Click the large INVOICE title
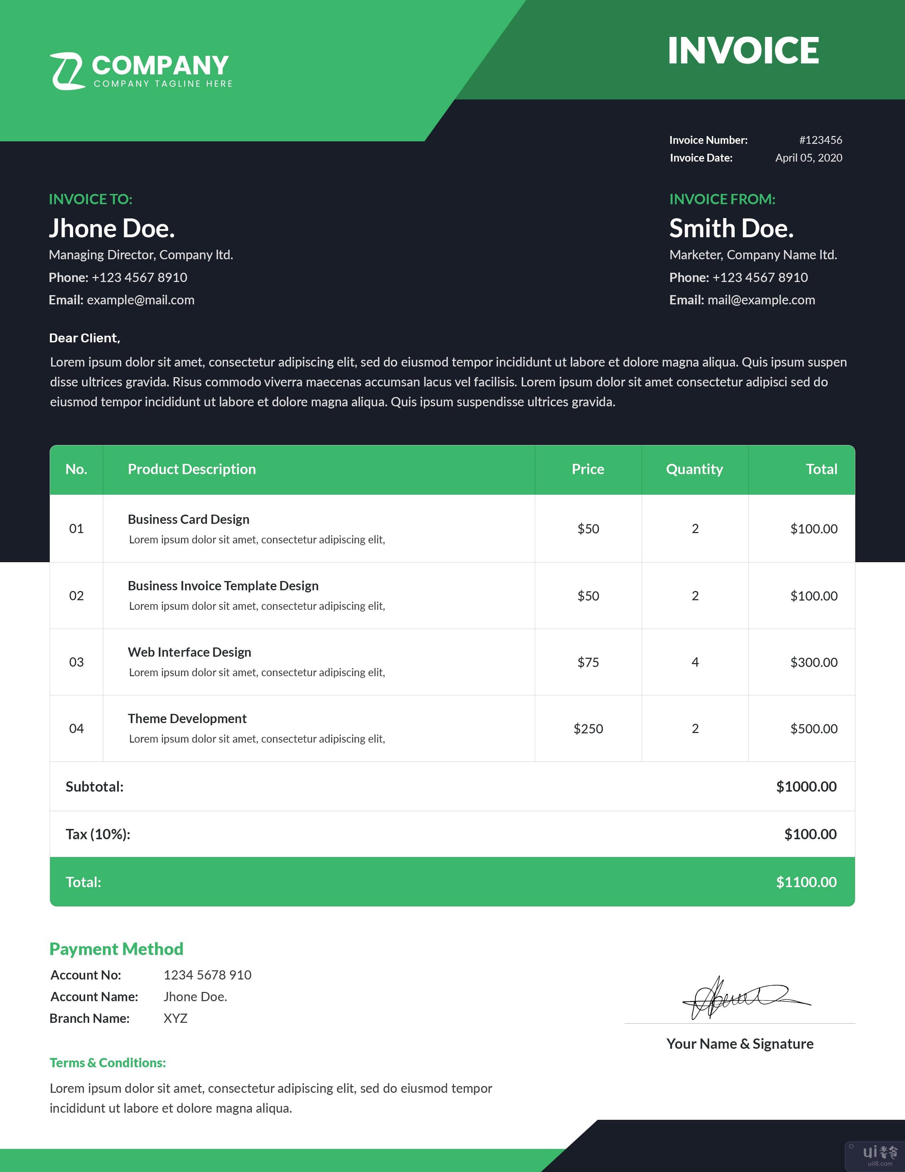[743, 51]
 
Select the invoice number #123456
[820, 140]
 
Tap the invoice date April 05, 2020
[808, 158]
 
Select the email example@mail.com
[141, 300]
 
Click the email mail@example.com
[761, 300]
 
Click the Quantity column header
[694, 470]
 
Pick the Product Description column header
[191, 470]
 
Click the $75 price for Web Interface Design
[588, 662]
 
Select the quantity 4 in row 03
[695, 662]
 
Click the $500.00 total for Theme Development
[813, 729]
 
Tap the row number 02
[76, 596]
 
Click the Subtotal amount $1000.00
[806, 787]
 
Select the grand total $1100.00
[806, 882]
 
